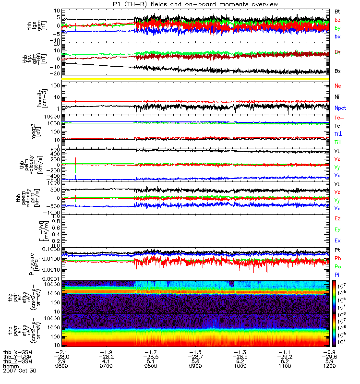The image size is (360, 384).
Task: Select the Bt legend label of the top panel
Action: pyautogui.click(x=337, y=11)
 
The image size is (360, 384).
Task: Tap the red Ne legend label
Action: pyautogui.click(x=337, y=86)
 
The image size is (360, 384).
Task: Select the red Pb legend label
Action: pyautogui.click(x=337, y=258)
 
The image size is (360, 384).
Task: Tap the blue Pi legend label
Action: pyautogui.click(x=337, y=274)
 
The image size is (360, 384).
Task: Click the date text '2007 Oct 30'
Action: pyautogui.click(x=20, y=371)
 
